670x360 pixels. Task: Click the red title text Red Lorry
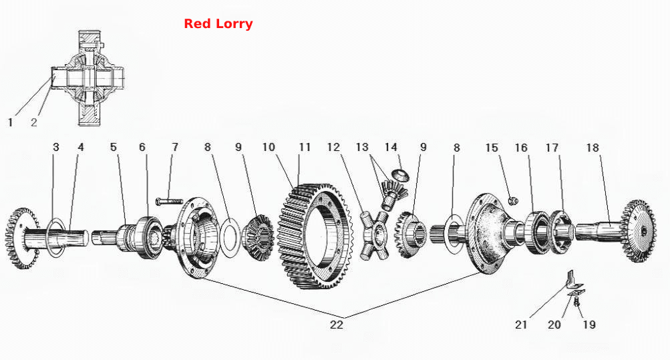pyautogui.click(x=218, y=24)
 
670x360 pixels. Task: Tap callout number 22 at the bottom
pyautogui.click(x=336, y=325)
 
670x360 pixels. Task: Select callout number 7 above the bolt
pyautogui.click(x=175, y=148)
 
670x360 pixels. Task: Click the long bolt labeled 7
pyautogui.click(x=169, y=201)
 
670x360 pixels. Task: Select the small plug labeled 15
pyautogui.click(x=513, y=200)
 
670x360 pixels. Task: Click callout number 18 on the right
pyautogui.click(x=593, y=148)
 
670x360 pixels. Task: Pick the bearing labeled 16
pyautogui.click(x=537, y=232)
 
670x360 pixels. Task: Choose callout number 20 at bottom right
pyautogui.click(x=554, y=325)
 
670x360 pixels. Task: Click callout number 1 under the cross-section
pyautogui.click(x=10, y=123)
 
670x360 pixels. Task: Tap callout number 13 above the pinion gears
pyautogui.click(x=362, y=148)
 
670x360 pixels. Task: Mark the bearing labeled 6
pyautogui.click(x=150, y=238)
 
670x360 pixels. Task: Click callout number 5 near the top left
pyautogui.click(x=114, y=148)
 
